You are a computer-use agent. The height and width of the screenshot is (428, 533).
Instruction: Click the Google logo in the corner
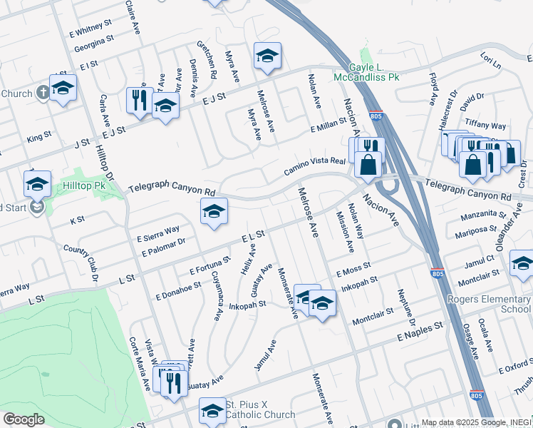(24, 419)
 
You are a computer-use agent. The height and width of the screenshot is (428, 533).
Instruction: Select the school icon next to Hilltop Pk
(37, 184)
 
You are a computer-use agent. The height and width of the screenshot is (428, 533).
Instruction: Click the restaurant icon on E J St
(139, 99)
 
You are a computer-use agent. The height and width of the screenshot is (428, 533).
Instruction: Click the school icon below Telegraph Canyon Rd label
(214, 211)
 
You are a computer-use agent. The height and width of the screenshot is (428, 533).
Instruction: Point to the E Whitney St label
(91, 29)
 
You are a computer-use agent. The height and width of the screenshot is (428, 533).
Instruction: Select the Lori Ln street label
(491, 60)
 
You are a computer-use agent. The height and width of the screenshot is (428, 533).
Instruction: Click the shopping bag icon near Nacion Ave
(368, 165)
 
